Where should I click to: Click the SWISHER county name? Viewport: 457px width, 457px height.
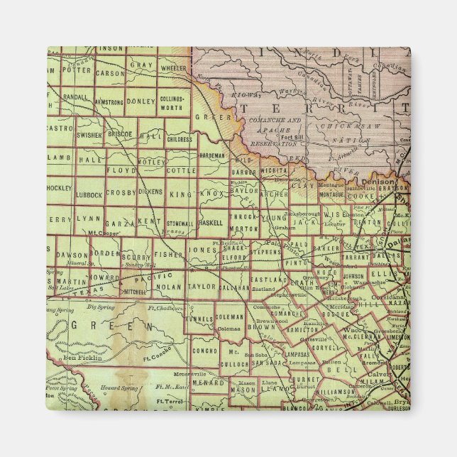[89, 133]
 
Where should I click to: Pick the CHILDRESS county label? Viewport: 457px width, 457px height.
[177, 140]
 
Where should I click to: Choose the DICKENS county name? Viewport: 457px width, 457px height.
[149, 192]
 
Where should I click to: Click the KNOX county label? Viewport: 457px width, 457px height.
[211, 193]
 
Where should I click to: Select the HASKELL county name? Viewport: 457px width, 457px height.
[211, 222]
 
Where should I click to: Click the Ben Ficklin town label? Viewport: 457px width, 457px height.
[84, 358]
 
